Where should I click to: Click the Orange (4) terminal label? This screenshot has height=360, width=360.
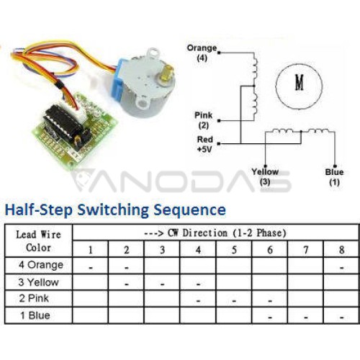pyautogui.click(x=202, y=53)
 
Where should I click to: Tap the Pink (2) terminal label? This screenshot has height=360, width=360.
pyautogui.click(x=204, y=120)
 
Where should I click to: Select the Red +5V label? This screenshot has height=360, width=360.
pyautogui.click(x=205, y=144)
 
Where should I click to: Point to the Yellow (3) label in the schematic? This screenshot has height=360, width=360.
pyautogui.click(x=265, y=176)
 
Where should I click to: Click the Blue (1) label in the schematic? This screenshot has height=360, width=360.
pyautogui.click(x=334, y=177)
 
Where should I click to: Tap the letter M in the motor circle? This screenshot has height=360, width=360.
pyautogui.click(x=299, y=82)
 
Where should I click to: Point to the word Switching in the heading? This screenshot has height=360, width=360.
pyautogui.click(x=113, y=210)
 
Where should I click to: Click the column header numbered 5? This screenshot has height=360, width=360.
pyautogui.click(x=234, y=250)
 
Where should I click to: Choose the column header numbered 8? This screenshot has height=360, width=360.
pyautogui.click(x=341, y=250)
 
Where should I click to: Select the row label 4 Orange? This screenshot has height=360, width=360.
pyautogui.click(x=41, y=265)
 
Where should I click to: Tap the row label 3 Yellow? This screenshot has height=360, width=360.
pyautogui.click(x=38, y=282)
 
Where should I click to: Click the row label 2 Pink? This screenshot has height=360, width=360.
pyautogui.click(x=34, y=299)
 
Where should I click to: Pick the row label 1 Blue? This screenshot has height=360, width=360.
pyautogui.click(x=35, y=315)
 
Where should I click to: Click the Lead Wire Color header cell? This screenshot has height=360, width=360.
pyautogui.click(x=38, y=241)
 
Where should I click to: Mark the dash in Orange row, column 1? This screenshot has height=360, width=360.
pyautogui.click(x=91, y=268)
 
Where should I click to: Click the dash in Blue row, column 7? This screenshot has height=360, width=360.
pyautogui.click(x=306, y=318)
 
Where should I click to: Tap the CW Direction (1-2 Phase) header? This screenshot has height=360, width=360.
pyautogui.click(x=215, y=233)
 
